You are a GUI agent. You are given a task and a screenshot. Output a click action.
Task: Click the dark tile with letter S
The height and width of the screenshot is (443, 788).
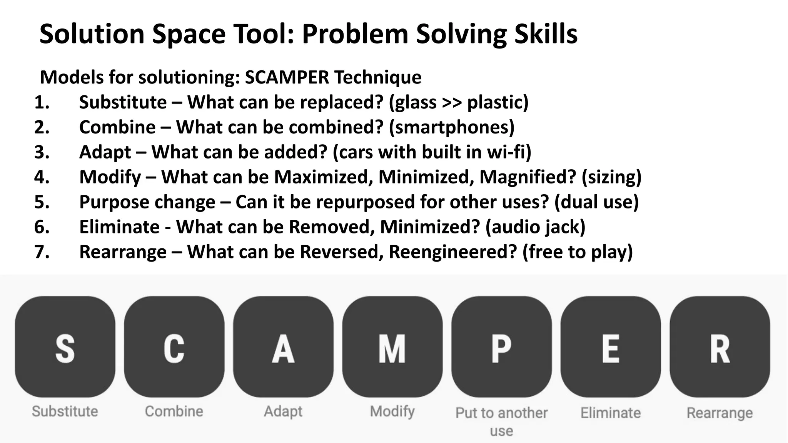[x=65, y=347]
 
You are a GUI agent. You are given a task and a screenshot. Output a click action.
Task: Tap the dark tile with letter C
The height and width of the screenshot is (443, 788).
[x=174, y=347]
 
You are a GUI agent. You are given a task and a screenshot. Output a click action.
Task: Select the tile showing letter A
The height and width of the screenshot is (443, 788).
[x=283, y=347]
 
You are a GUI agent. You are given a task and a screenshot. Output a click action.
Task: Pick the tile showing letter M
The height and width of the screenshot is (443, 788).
[x=392, y=347]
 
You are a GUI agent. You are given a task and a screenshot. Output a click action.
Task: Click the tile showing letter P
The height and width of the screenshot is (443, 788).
[x=501, y=347]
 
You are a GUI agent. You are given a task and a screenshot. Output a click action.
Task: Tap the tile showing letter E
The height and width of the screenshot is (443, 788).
[x=611, y=347]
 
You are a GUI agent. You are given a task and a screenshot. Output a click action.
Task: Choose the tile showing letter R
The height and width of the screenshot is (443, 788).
[x=720, y=347]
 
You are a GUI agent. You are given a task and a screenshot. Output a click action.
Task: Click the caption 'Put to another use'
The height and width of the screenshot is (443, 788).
[x=501, y=421]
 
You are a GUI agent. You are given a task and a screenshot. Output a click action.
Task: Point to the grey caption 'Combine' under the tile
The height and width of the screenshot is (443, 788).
[x=174, y=411]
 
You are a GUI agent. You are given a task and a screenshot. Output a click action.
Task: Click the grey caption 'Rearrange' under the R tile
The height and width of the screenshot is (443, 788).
[x=720, y=413]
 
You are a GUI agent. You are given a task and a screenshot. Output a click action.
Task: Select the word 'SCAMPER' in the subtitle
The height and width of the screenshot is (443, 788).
[x=287, y=77]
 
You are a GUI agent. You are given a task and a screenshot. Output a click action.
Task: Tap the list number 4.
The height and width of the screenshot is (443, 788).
[x=42, y=177]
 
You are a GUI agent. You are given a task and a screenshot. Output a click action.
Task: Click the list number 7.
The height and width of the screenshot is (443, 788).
[x=42, y=252]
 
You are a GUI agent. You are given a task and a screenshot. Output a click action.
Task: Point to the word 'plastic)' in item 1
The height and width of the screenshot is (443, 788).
[x=498, y=103]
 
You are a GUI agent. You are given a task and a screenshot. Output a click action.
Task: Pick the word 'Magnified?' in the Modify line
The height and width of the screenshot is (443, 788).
[x=528, y=177]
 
